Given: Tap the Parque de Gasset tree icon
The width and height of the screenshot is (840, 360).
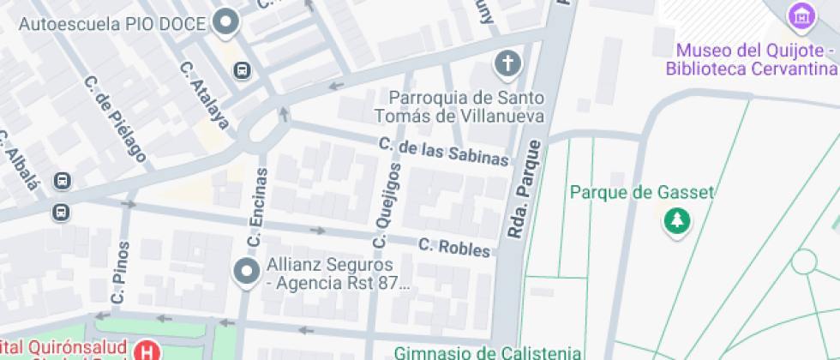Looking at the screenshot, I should coord(677,222).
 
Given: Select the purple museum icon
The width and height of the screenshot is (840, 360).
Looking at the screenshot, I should coord(802,15).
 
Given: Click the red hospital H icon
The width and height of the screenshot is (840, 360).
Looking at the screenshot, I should coord(148,351).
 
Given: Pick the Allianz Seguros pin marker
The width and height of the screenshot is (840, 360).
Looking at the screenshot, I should coord(247,273).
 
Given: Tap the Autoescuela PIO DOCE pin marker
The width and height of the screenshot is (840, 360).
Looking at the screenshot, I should coord(226,22).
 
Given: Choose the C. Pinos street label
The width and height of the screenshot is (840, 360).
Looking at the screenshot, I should coord(120,273).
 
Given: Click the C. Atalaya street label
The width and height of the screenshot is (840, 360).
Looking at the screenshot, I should coord(205,93).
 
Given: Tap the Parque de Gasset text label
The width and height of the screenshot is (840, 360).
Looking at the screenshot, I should coord(642,192).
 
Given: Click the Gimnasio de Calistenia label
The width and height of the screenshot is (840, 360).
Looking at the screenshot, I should coord(489,352).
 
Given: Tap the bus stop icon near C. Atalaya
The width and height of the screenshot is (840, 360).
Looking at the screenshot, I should coord(243,69).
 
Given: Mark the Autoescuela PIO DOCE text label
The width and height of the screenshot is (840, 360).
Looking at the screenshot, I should coord(112,23).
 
